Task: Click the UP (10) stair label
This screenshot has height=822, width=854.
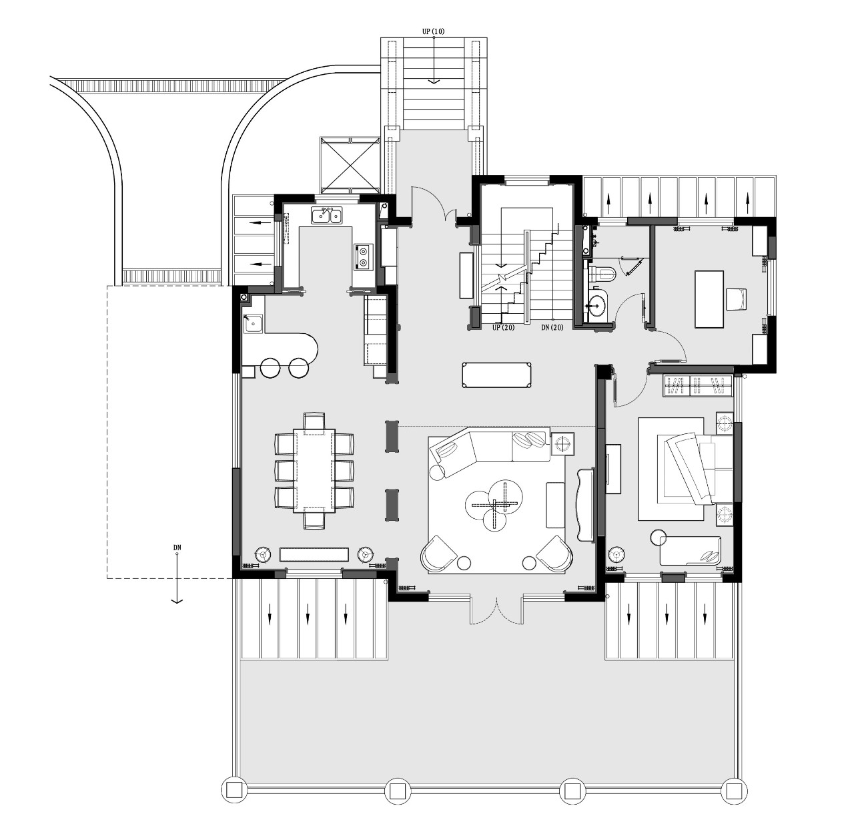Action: click(433, 31)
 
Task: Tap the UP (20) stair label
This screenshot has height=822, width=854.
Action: click(503, 327)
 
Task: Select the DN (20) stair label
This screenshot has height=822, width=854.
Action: click(552, 327)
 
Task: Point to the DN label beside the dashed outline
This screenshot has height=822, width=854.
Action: click(177, 548)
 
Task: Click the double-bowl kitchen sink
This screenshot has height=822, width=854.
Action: click(327, 216)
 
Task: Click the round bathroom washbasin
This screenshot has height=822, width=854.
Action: click(597, 302)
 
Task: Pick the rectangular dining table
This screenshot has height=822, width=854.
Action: click(314, 470)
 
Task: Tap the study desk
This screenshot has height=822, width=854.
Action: click(709, 298)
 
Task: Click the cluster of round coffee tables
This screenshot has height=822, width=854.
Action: click(494, 503)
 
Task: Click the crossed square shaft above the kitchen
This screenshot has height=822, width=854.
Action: click(350, 165)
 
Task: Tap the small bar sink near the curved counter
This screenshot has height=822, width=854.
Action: click(253, 325)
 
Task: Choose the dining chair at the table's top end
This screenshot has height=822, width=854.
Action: click(314, 420)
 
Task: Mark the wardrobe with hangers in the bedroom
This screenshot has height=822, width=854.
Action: click(697, 386)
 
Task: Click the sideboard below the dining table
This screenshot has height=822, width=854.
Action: click(314, 554)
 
